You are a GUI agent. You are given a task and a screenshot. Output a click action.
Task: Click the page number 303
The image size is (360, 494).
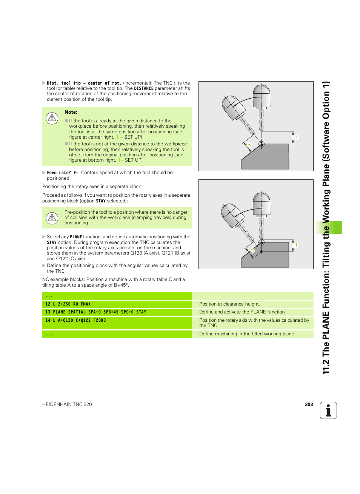309,404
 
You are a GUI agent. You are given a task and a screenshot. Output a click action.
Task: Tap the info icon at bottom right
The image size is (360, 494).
328,411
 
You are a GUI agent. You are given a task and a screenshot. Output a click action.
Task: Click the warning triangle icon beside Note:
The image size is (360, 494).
52,118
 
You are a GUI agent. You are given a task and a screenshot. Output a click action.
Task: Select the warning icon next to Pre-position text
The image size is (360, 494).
52,218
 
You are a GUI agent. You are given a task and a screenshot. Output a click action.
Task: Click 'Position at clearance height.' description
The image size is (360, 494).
229,304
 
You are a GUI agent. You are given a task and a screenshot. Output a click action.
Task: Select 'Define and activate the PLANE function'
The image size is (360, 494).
242,312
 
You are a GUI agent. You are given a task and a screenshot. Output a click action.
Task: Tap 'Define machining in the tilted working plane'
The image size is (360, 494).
246,334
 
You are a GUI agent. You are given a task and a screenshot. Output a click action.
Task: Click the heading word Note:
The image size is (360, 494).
71,112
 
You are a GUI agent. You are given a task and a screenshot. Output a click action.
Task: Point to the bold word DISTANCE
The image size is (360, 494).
144,88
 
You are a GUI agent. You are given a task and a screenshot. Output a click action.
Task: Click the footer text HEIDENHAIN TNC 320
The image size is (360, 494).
67,404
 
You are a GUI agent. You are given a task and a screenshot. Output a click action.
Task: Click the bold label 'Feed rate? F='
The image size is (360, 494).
63,173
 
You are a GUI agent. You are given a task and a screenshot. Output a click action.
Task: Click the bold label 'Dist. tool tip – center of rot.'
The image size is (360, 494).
84,83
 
